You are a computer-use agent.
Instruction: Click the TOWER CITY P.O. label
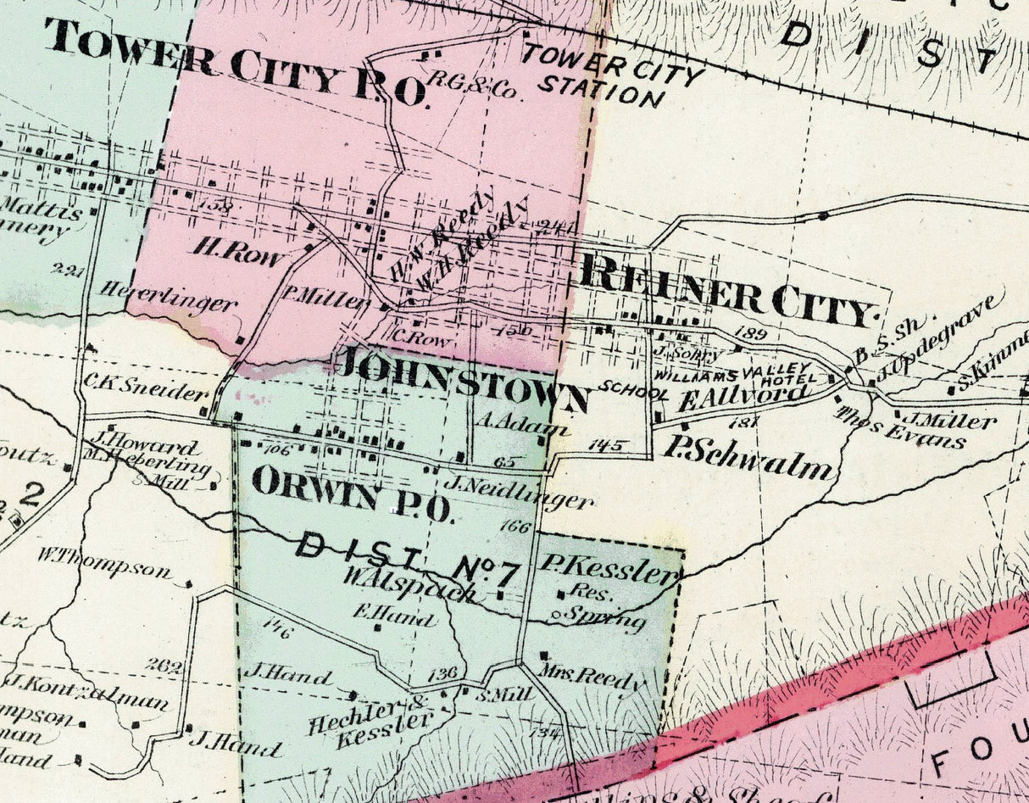click(x=237, y=64)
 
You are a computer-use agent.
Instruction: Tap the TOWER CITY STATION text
click(x=612, y=75)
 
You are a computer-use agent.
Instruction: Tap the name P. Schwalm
click(x=748, y=459)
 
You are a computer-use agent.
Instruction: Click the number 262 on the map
click(x=163, y=666)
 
